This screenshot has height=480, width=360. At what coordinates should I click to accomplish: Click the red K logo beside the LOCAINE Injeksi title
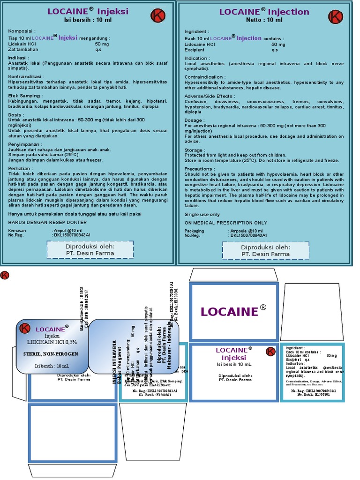158,16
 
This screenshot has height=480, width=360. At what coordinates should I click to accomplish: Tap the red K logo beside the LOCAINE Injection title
335,17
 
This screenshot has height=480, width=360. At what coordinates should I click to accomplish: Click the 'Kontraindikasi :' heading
26,76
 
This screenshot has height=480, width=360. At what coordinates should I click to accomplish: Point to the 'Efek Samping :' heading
23,95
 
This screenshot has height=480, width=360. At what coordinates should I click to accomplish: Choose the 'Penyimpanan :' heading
24,144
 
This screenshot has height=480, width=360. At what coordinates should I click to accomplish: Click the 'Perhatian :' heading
21,167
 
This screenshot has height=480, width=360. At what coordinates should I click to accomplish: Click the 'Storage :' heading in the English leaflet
195,150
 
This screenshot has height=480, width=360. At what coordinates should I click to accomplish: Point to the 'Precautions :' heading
200,169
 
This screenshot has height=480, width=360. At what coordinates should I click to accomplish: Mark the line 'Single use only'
202,214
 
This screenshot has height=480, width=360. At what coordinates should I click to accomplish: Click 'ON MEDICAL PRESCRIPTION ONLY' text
226,223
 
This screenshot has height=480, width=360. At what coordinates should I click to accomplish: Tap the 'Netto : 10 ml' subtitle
264,20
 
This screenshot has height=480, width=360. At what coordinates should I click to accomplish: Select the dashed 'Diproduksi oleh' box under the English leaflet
265,250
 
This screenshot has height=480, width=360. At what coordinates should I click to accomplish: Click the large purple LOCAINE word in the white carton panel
229,312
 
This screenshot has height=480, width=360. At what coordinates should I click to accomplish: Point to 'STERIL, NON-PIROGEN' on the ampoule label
51,353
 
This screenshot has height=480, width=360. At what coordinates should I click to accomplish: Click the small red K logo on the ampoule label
25,328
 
